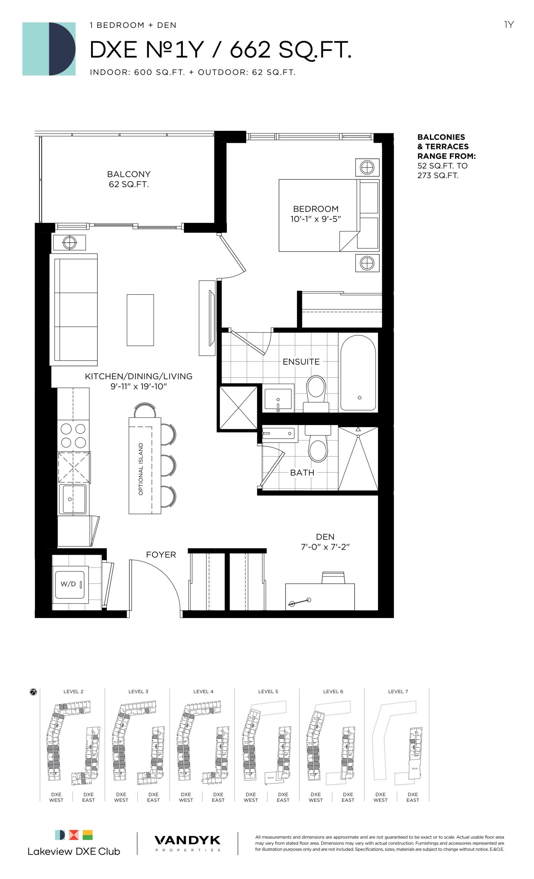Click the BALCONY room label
coord(129,174)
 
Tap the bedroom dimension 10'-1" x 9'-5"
coord(315,219)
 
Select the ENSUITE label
coord(301,362)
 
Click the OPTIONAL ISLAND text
coord(141,469)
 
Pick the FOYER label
coord(161,555)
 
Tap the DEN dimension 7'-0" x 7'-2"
coord(325,547)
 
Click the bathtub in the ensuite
coord(358,373)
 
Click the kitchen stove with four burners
coord(74,435)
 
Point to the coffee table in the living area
coord(140,320)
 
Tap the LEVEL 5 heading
coord(268,692)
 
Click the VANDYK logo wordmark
coord(187,841)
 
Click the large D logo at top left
coord(49,49)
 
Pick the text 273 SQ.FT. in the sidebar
coord(438,175)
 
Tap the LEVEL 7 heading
coord(398,692)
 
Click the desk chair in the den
coord(333,578)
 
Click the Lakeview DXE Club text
coord(74,852)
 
